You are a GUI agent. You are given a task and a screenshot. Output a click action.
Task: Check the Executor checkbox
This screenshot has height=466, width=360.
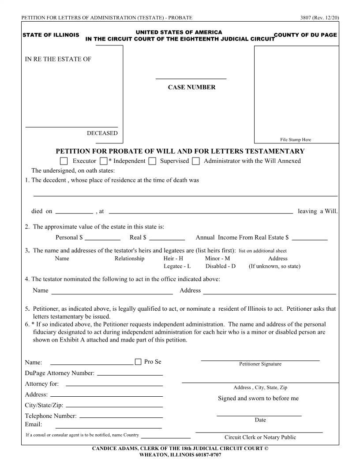pos(64,161)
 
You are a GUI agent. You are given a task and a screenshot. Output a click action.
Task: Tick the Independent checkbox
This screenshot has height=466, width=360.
pos(104,161)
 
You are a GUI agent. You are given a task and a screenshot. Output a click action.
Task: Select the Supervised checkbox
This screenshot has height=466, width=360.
pos(152,161)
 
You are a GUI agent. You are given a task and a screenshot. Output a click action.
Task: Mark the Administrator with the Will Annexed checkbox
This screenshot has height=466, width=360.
pos(196,161)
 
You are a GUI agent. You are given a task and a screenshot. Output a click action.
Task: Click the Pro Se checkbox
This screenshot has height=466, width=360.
pos(138,362)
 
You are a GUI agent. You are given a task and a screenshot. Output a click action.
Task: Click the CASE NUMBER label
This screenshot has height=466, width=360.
pos(191,87)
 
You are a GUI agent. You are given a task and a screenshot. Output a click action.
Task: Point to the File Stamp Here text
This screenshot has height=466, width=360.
pos(296,140)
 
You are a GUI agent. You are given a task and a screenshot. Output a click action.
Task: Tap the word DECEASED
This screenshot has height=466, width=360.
pos(102,133)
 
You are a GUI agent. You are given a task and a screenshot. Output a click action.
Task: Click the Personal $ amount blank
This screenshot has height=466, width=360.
pos(99,237)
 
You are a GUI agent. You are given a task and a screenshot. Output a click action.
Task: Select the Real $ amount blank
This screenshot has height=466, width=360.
pos(167,237)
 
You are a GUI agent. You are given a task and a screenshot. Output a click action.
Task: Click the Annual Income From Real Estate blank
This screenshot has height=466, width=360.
pos(310,237)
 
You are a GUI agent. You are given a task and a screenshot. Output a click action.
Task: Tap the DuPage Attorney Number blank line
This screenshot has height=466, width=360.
pos(130,373)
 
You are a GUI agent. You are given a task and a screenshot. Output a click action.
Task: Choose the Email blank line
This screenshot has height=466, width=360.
pos(109,426)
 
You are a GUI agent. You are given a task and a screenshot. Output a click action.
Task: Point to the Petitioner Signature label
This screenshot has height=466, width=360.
pos(260,364)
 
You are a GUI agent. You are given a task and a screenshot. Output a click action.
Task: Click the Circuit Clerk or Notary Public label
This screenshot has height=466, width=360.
pos(260,437)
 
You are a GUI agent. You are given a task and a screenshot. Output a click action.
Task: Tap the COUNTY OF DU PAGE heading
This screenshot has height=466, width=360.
pos(305,35)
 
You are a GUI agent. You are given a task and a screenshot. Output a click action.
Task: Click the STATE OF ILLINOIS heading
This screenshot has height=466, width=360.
pos(51,35)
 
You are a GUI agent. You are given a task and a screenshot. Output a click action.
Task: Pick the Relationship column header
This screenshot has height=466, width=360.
pos(129,259)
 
